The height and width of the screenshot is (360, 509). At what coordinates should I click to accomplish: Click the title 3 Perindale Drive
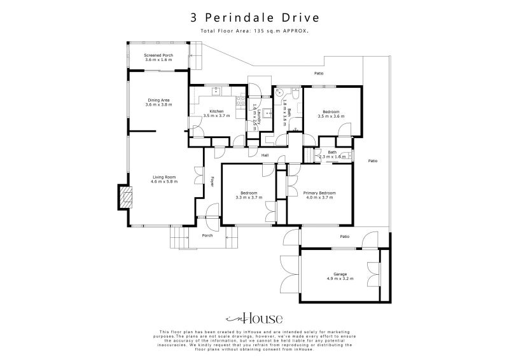point(254,17)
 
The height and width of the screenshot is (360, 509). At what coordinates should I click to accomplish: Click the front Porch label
point(207,235)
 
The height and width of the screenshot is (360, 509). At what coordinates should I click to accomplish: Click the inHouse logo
point(254,319)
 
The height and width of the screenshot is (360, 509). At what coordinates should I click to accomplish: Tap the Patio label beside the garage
point(344,237)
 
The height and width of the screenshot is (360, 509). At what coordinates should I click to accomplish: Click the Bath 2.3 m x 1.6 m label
point(332,154)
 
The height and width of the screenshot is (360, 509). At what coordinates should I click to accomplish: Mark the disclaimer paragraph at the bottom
point(254,340)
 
